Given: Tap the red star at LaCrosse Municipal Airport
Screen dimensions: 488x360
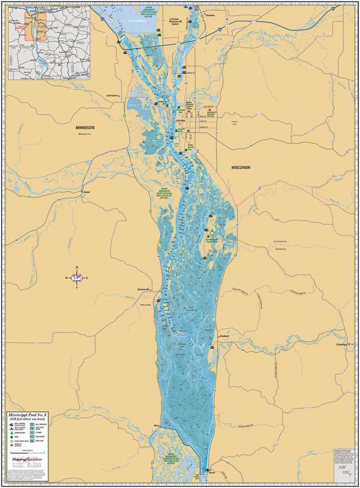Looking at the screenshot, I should tap(181, 21).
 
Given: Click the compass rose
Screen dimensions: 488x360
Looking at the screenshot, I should tap(77, 277).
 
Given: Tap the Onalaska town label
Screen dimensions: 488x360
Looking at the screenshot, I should tap(210, 15).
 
